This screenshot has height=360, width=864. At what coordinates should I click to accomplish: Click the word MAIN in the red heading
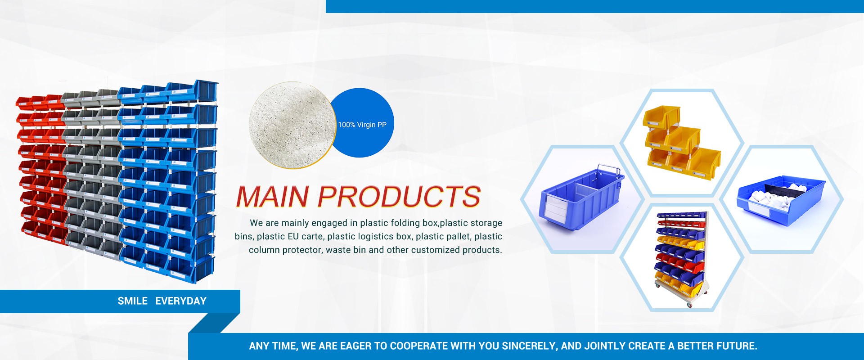pyautogui.click(x=273, y=197)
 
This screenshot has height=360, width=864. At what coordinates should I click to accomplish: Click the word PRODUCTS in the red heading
pyautogui.click(x=400, y=197)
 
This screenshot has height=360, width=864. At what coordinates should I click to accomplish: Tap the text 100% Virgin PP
pyautogui.click(x=362, y=125)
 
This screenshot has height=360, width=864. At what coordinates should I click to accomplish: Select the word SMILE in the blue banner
pyautogui.click(x=132, y=301)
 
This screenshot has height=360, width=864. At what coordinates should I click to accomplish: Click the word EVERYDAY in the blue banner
pyautogui.click(x=181, y=301)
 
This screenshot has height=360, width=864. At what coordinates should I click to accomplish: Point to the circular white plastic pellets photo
pyautogui.click(x=292, y=125)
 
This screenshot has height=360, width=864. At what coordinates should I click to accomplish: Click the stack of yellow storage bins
pyautogui.click(x=681, y=143)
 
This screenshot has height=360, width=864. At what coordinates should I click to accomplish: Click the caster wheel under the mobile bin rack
pyautogui.click(x=689, y=305)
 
